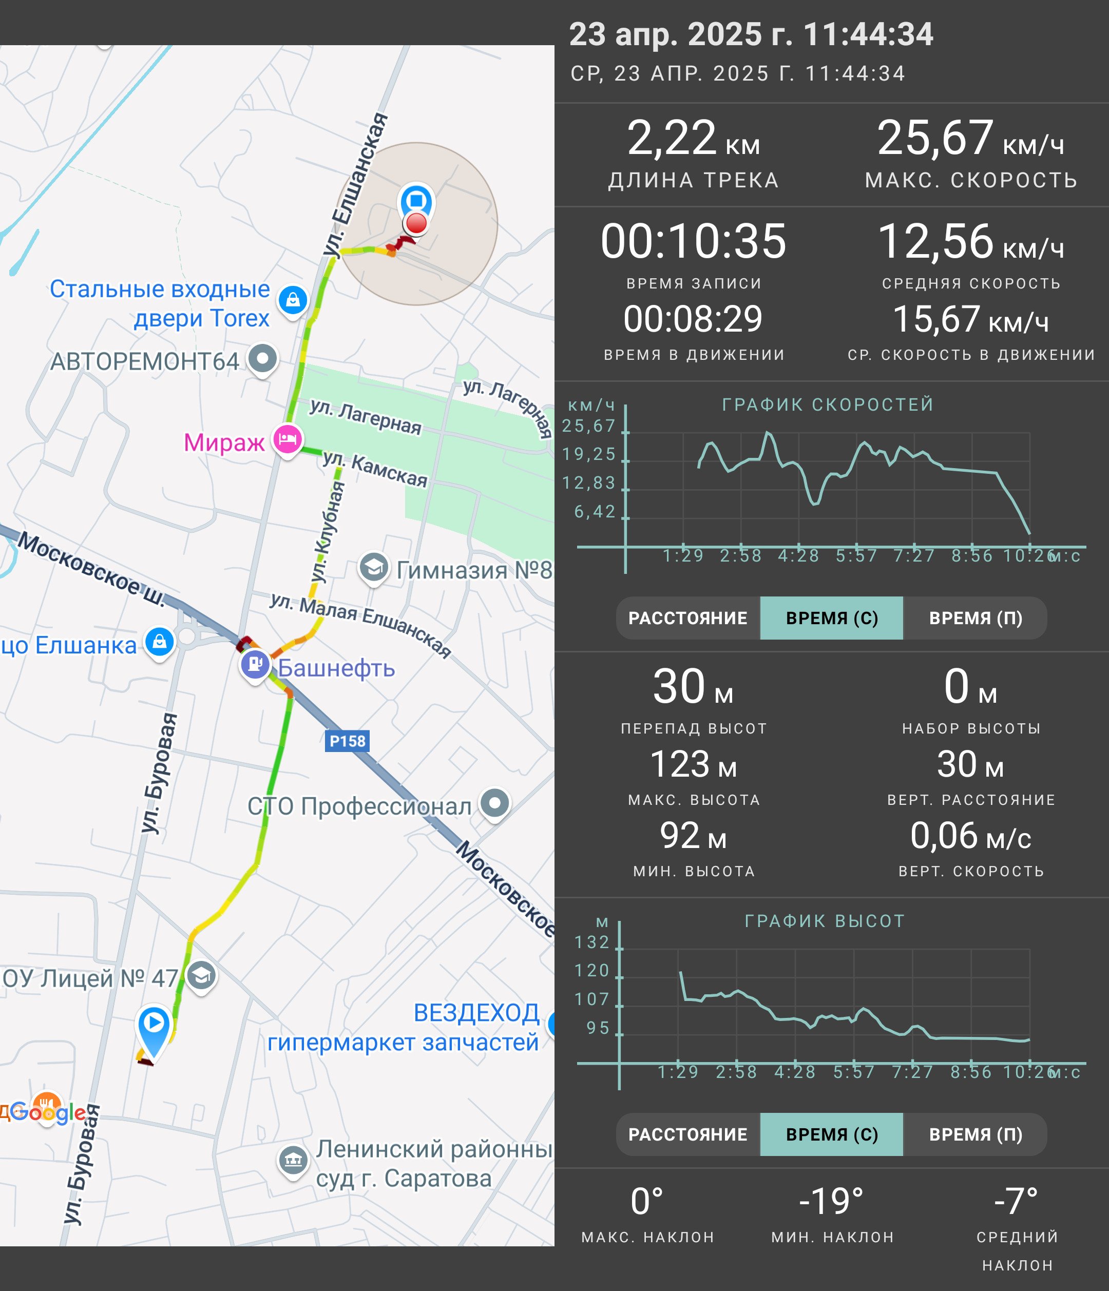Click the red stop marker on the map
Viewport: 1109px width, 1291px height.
pos(416,222)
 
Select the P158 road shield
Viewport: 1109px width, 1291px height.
pos(347,741)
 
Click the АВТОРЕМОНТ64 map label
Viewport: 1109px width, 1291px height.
pos(145,361)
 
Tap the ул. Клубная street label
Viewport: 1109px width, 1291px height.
pos(329,531)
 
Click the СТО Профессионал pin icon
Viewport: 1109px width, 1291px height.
pos(495,804)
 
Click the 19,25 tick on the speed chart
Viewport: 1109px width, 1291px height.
pos(588,455)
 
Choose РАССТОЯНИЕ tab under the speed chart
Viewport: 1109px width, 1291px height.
pos(688,618)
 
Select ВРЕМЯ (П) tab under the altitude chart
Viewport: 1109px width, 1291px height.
pos(975,1134)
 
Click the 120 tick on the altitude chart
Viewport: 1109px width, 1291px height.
pos(591,971)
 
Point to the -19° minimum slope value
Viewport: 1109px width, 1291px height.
pos(831,1201)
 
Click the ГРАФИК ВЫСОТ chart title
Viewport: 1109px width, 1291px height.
pos(824,921)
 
